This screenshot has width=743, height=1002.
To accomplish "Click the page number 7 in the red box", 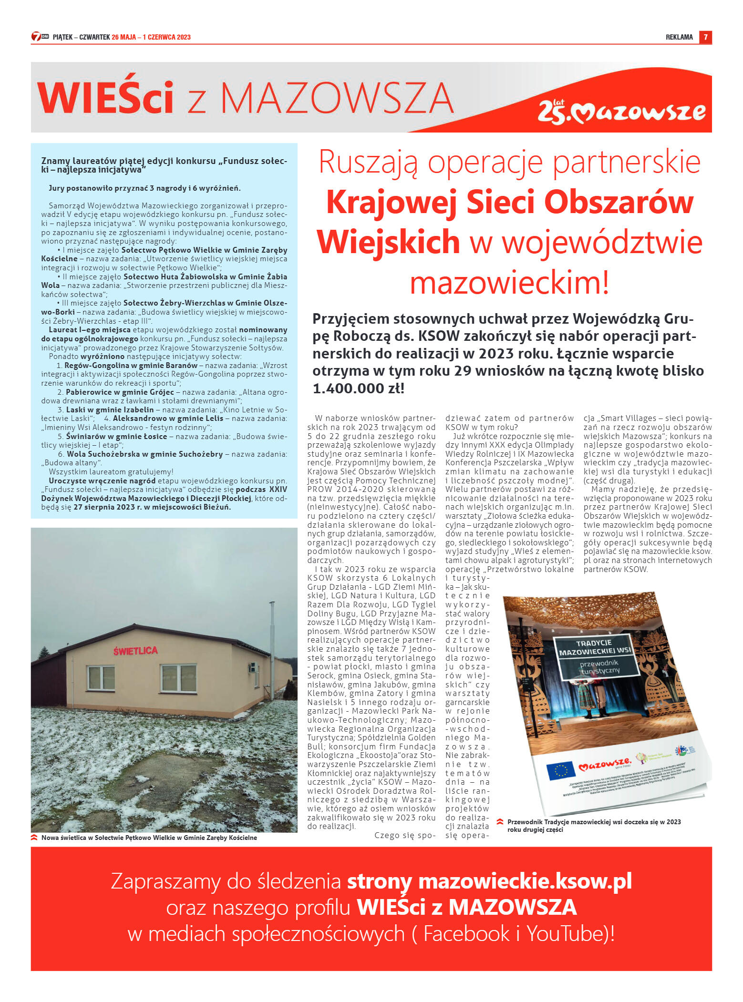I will (x=705, y=37).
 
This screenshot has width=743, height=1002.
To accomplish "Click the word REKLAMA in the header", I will (x=679, y=37).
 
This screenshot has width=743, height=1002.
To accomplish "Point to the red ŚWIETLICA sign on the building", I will (x=135, y=651).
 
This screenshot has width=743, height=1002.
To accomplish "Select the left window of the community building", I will (x=101, y=678).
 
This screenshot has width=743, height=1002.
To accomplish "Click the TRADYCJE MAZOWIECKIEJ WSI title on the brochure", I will (x=594, y=647).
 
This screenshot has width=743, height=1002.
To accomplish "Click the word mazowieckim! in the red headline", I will (x=509, y=282).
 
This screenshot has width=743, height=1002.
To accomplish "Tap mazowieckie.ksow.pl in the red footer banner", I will (x=525, y=881).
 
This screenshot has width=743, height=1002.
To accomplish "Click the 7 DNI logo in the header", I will (x=40, y=37).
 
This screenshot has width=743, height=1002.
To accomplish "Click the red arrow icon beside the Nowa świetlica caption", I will (x=34, y=838).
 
